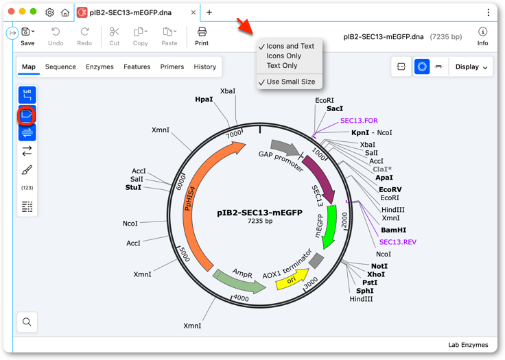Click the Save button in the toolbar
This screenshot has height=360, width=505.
pyautogui.click(x=27, y=37)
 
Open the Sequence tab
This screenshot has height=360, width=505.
pyautogui.click(x=60, y=67)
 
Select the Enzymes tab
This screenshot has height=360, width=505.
pyautogui.click(x=99, y=67)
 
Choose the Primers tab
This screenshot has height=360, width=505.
pyautogui.click(x=172, y=67)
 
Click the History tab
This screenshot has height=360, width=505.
pyautogui.click(x=205, y=67)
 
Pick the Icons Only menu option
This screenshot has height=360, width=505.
pyautogui.click(x=284, y=56)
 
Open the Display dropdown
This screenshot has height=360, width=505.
pyautogui.click(x=471, y=67)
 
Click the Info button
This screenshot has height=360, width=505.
pyautogui.click(x=482, y=37)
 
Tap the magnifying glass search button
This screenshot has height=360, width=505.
pyautogui.click(x=27, y=322)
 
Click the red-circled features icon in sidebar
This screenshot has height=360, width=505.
pyautogui.click(x=27, y=115)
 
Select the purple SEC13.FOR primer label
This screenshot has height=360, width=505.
pyautogui.click(x=359, y=121)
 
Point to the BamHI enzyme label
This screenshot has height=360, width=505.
pyautogui.click(x=393, y=230)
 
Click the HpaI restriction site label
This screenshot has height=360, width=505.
pyautogui.click(x=204, y=99)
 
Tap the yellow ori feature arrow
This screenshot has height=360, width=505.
pyautogui.click(x=292, y=279)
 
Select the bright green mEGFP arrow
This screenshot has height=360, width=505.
pyautogui.click(x=331, y=226)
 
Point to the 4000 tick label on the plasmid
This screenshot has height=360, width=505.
pyautogui.click(x=241, y=298)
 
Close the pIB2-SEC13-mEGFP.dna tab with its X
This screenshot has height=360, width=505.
pyautogui.click(x=193, y=12)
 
